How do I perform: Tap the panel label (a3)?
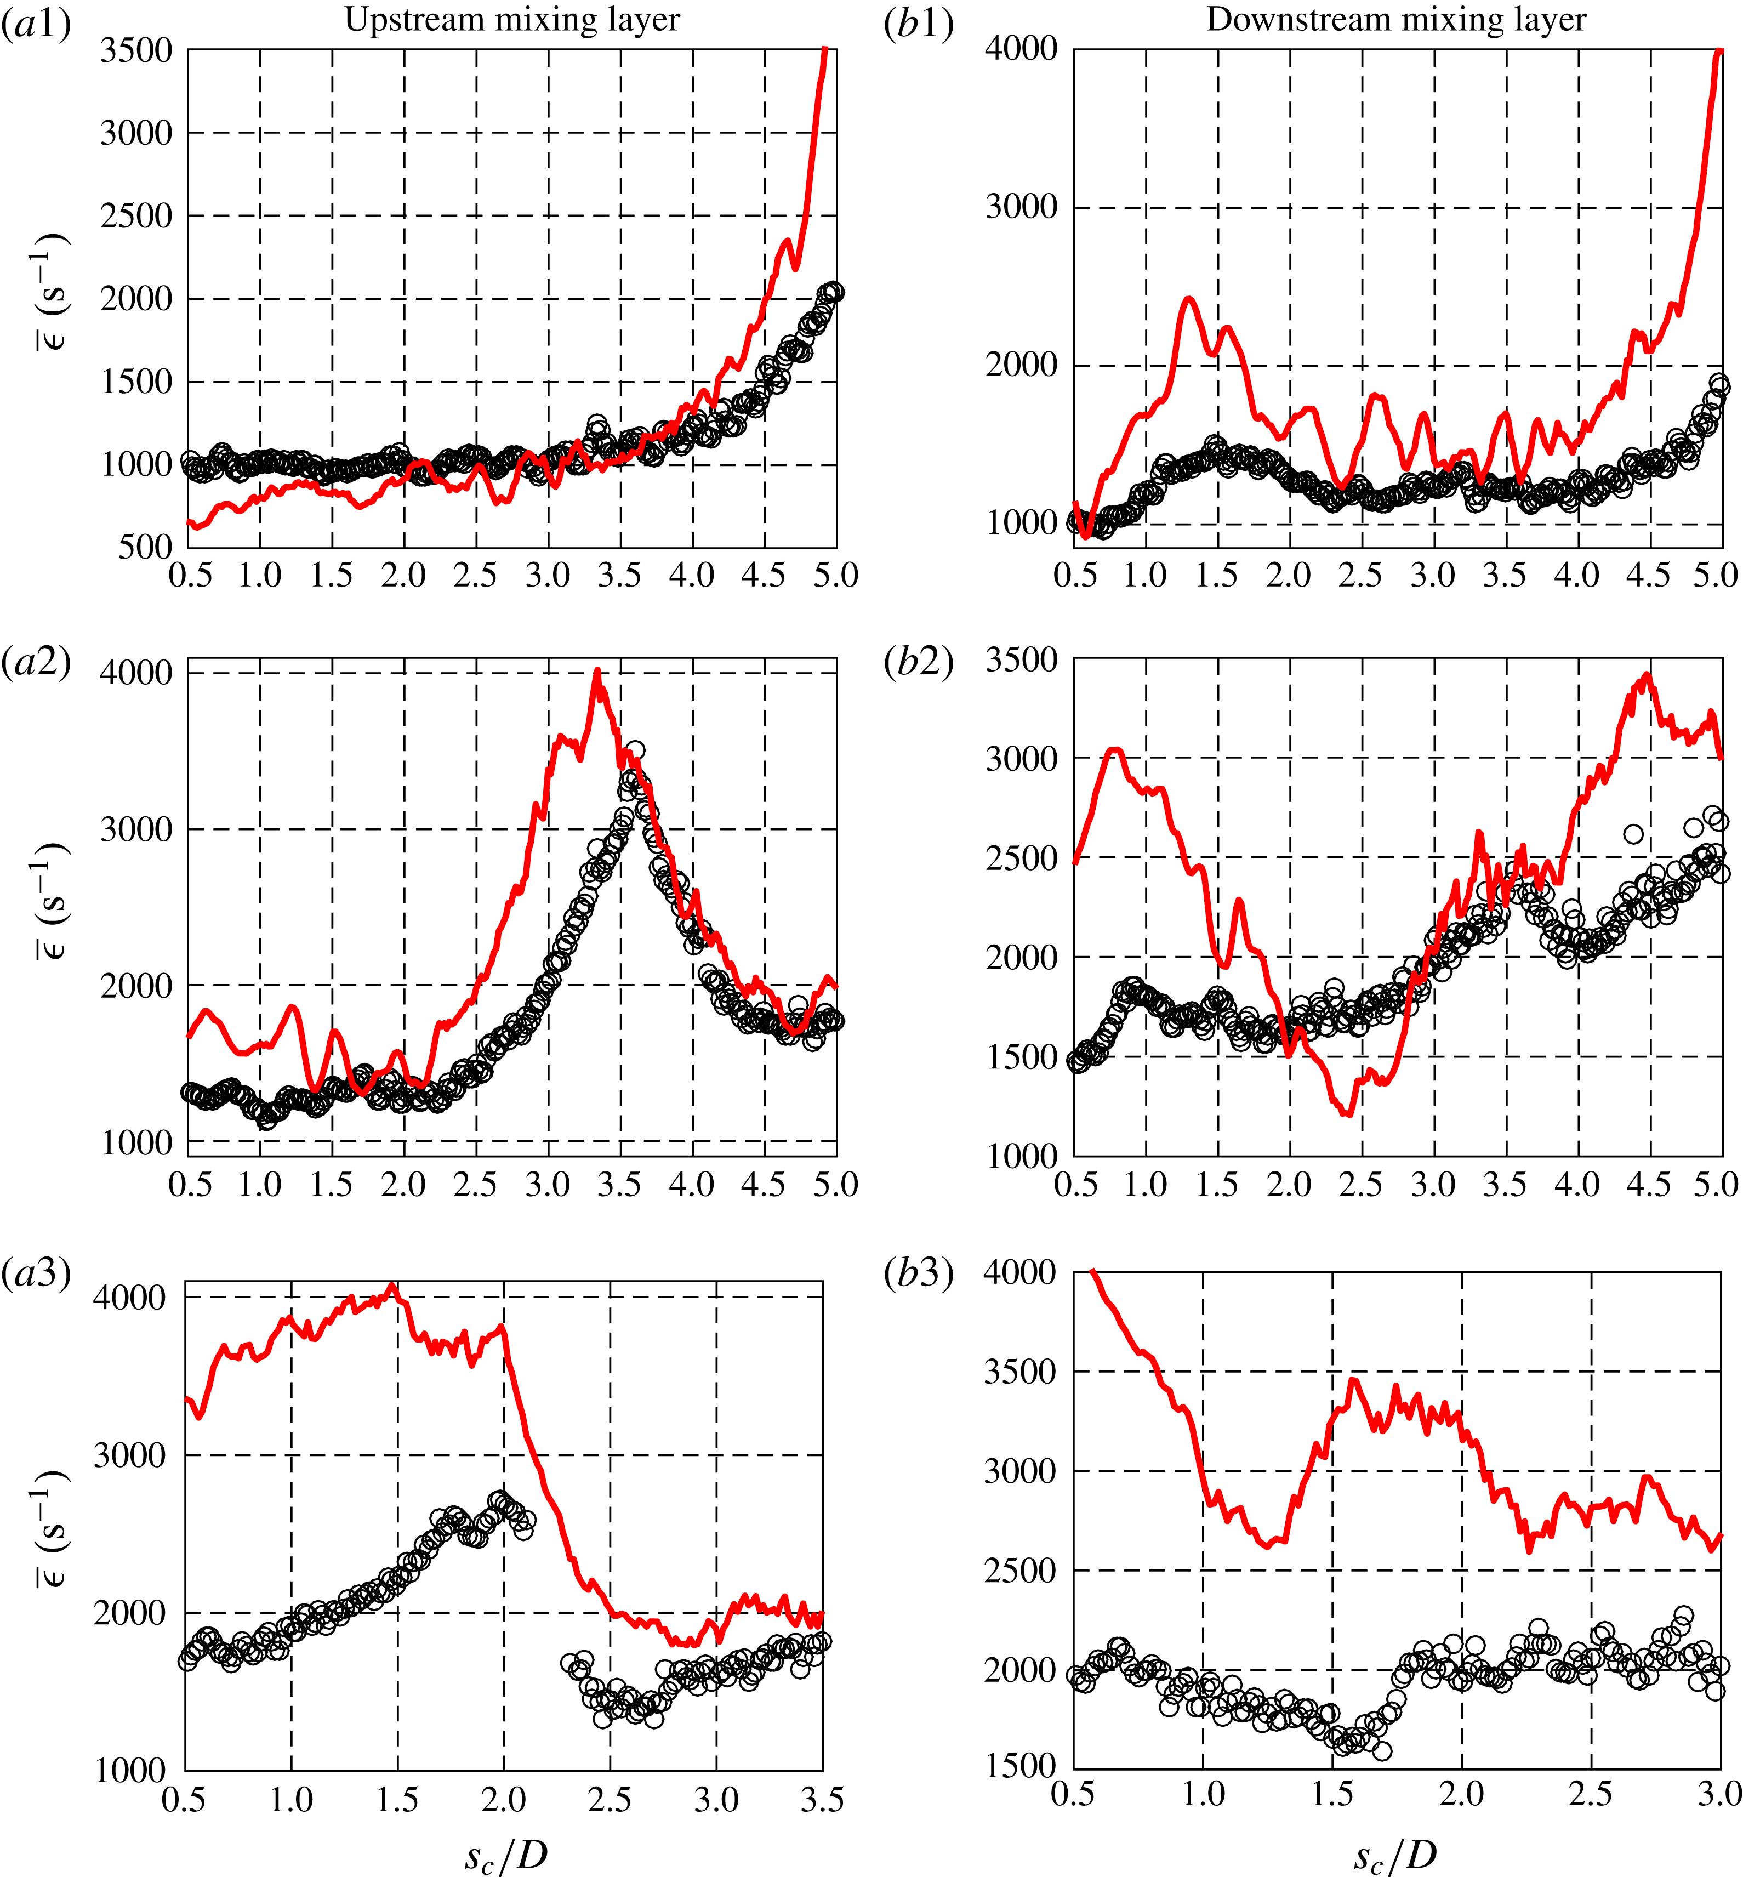tap(36, 1273)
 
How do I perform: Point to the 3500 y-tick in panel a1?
tap(137, 50)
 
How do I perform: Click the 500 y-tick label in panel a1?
tap(146, 547)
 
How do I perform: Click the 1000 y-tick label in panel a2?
tap(137, 1142)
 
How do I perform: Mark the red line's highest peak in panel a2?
tap(597, 672)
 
